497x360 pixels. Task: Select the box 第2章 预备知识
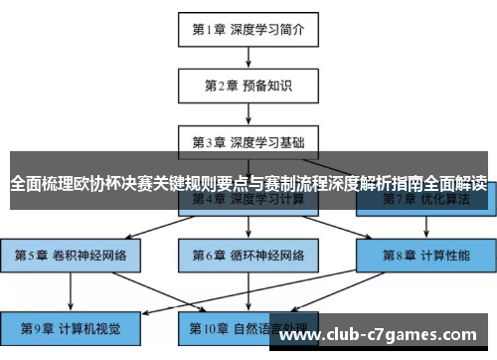click(x=248, y=85)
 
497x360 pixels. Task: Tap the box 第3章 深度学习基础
click(x=248, y=140)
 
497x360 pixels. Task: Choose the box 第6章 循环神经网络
click(x=248, y=255)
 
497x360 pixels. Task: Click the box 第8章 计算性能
click(x=426, y=255)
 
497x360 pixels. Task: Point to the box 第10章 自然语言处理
click(x=248, y=326)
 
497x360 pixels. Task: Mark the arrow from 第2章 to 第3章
click(x=248, y=112)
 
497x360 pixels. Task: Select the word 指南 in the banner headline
click(x=406, y=184)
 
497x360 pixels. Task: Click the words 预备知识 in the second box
click(x=264, y=85)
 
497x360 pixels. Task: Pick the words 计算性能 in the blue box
click(x=443, y=255)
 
